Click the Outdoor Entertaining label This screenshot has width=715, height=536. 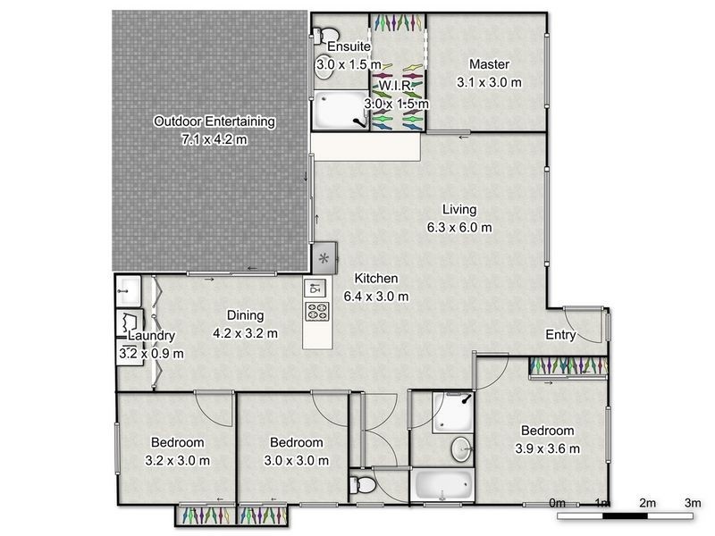click(x=214, y=121)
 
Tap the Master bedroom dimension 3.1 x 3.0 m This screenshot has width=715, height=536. click(x=488, y=82)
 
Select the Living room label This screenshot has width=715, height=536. click(x=458, y=210)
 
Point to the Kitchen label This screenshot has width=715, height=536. click(x=376, y=279)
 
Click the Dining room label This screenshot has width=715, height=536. click(x=245, y=315)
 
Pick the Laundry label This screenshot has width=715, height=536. click(x=151, y=336)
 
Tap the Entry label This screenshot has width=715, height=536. click(x=561, y=335)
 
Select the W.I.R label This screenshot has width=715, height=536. click(x=395, y=85)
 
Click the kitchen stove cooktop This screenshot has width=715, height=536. click(x=317, y=312)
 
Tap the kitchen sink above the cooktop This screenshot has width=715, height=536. click(x=315, y=288)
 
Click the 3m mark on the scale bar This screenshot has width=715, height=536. click(x=692, y=505)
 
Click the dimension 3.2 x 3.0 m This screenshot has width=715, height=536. click(x=178, y=461)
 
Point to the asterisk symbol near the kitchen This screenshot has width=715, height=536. click(x=324, y=257)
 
